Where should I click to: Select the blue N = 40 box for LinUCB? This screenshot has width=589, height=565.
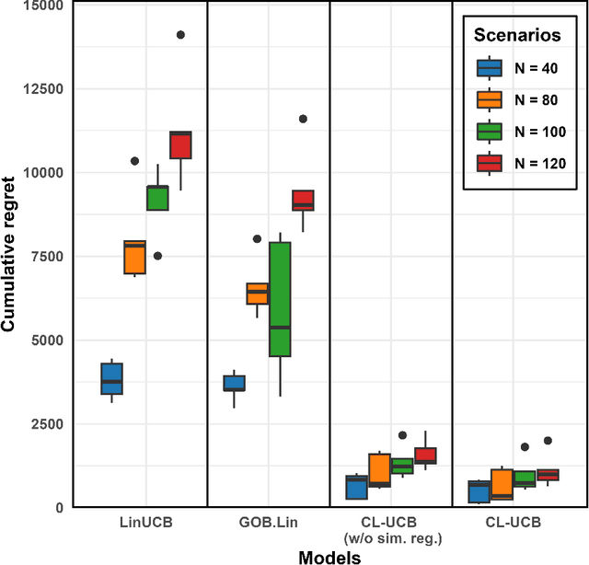[112, 378]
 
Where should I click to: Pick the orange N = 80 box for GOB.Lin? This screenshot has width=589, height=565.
[258, 293]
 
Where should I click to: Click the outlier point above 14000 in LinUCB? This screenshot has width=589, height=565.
[180, 35]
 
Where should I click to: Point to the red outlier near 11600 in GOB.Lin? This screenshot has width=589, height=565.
[303, 119]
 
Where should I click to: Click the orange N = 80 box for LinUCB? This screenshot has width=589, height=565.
[135, 257]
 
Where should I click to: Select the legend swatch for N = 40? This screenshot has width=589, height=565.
[489, 68]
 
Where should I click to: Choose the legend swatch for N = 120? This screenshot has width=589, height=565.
[489, 163]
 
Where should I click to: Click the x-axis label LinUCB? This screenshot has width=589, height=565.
[146, 523]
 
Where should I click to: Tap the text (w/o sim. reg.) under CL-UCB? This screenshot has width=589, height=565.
[391, 537]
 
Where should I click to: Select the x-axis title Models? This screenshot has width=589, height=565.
[329, 556]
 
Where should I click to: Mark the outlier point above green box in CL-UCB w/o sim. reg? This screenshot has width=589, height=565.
[402, 435]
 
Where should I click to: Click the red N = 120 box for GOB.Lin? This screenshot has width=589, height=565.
[303, 200]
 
